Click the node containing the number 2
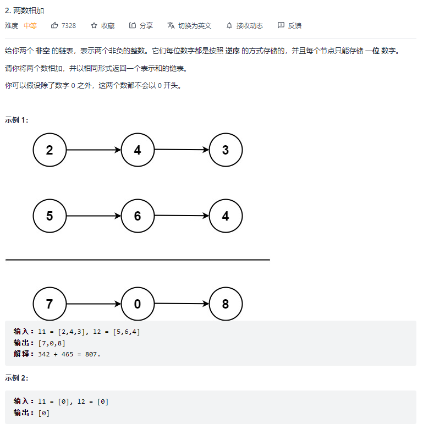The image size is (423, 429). [x=50, y=150]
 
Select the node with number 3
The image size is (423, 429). [x=226, y=150]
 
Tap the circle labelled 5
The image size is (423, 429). [x=50, y=216]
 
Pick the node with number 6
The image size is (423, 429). [x=138, y=216]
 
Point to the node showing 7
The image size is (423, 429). [x=50, y=304]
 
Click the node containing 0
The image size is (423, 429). [x=138, y=304]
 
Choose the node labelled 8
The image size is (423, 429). [x=226, y=304]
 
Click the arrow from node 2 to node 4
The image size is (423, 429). [x=94, y=150]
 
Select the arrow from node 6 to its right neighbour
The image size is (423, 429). [x=182, y=216]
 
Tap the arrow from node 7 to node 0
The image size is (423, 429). [x=94, y=304]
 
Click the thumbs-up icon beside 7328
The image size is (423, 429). [x=54, y=25]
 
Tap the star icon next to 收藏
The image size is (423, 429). [x=94, y=25]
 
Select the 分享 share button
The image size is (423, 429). [x=141, y=25]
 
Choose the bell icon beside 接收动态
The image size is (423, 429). [x=229, y=25]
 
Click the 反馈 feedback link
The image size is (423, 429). [x=290, y=25]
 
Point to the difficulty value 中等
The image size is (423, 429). [x=30, y=25]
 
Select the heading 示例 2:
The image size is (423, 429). [x=17, y=378]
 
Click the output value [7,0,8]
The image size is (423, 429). [x=52, y=343]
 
